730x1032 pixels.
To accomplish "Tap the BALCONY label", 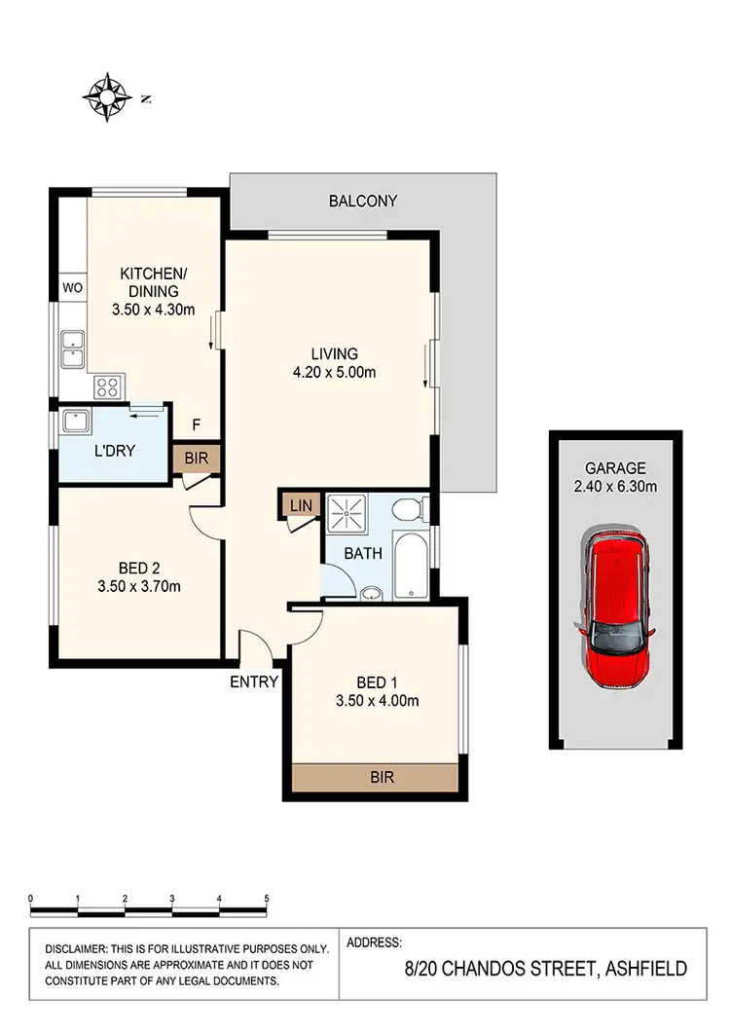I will (362, 202).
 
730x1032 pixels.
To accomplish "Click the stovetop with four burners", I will (107, 387).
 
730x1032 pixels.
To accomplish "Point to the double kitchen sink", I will (73, 349).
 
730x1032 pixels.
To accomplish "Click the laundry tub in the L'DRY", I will (77, 422).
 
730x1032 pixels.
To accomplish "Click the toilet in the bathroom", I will (412, 509).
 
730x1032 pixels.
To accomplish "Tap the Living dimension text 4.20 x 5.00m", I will (335, 372).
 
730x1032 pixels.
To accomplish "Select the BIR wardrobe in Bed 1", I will (376, 778).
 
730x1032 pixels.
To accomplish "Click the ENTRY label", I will (254, 682).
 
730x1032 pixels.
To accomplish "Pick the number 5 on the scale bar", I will (266, 899).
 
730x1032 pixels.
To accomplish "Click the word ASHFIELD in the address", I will (646, 969).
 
